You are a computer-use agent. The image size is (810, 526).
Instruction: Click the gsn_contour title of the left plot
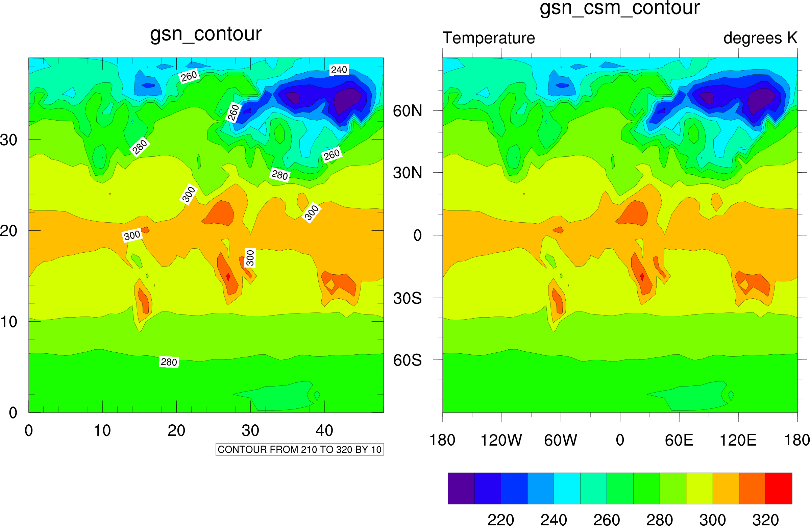coord(205,34)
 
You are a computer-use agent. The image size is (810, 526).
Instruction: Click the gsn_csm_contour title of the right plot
coord(619,8)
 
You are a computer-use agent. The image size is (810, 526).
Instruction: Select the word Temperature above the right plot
coord(488,38)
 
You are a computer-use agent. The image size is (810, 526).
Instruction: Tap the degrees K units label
coord(760,38)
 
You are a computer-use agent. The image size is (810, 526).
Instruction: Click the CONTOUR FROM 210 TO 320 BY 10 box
coord(299,449)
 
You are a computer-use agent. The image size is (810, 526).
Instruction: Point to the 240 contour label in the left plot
coord(339,70)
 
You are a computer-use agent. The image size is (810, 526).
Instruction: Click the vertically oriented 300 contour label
coord(250,258)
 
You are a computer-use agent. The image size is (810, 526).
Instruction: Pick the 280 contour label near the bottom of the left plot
coord(169,362)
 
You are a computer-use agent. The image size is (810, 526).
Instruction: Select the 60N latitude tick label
coord(407,111)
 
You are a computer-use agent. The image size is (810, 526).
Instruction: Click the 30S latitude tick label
coord(407,298)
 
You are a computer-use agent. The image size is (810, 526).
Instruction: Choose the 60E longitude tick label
coord(679,440)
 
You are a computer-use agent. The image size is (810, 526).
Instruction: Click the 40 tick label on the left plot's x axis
coord(324,431)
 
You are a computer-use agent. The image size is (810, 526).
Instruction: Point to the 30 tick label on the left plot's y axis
coord(8,140)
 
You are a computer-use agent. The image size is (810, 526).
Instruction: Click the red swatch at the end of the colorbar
coord(779,488)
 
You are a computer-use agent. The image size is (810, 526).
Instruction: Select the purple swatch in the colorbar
coord(461,488)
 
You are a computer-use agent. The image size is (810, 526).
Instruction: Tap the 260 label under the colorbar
coord(607,520)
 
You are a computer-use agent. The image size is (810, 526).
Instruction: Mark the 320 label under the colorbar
coord(765,520)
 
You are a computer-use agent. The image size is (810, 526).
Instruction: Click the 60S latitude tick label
coord(407,360)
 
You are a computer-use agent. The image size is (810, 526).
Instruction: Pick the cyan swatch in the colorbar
coord(567,488)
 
